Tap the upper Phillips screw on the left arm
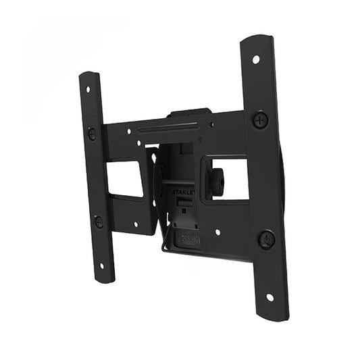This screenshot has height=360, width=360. click(92, 133)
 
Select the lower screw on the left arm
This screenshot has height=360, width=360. click(99, 221)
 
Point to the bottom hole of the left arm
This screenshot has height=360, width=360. click(103, 265)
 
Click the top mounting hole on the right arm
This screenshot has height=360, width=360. click(256, 59)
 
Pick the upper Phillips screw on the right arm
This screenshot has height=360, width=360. click(260, 121)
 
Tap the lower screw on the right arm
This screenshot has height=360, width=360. click(267, 238)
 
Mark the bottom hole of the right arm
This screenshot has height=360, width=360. click(269, 297)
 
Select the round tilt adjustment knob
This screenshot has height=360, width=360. click(217, 178)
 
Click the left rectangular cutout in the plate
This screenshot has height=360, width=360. click(125, 178)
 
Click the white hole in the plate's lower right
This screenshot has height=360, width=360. click(217, 232)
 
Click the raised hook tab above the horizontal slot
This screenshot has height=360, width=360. click(190, 113)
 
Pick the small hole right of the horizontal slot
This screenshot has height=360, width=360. click(211, 124)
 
